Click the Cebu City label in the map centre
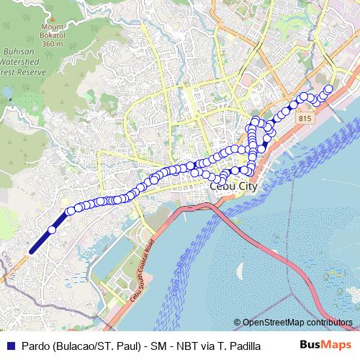233,186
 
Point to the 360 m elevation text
53,44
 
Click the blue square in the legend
9,345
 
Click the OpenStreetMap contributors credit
297,322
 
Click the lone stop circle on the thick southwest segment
52,230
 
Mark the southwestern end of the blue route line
30,251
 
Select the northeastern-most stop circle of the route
329,89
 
